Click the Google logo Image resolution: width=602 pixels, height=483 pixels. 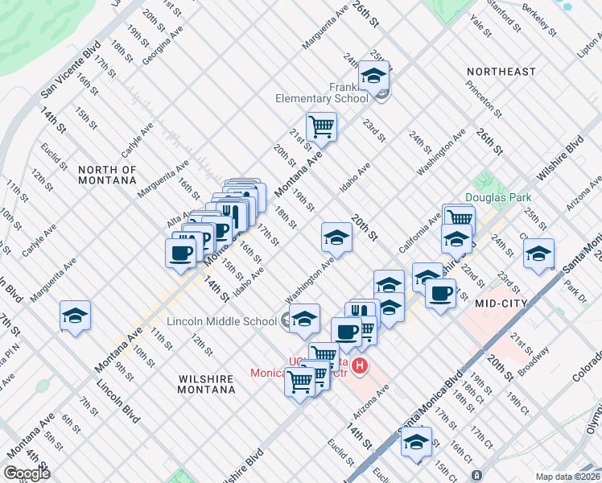click(27, 473)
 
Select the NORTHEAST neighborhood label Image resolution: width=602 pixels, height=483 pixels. click(501, 72)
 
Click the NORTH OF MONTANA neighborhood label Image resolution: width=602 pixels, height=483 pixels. click(107, 175)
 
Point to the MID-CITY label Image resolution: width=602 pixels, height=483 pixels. click(501, 303)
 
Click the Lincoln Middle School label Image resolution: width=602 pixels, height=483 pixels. click(221, 321)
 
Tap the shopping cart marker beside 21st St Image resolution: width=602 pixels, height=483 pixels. click(321, 126)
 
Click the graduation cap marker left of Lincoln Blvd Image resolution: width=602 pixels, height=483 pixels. click(75, 315)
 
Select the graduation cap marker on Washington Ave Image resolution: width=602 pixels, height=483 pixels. click(336, 236)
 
